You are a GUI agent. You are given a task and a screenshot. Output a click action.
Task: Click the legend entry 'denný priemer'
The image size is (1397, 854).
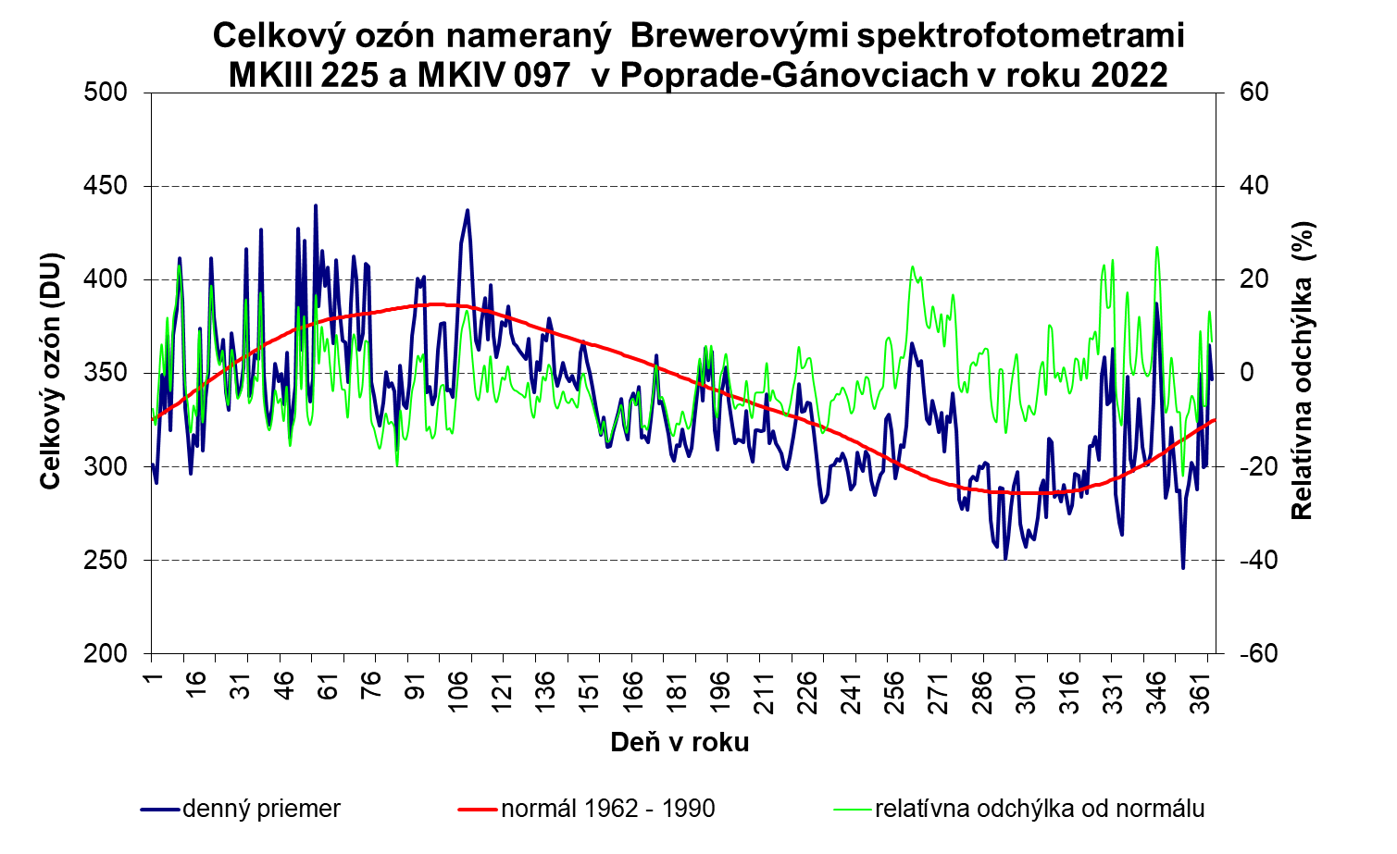coord(261,809)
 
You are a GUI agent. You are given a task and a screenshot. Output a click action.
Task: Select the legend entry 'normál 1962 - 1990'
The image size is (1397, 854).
coord(607,809)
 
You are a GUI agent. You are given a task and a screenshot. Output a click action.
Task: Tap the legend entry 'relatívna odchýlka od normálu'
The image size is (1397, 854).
coord(1039,809)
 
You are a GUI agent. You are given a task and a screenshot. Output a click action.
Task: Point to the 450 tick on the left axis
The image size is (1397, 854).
coord(118,186)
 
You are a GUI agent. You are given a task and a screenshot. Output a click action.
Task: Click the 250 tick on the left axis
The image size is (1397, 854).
coord(118,560)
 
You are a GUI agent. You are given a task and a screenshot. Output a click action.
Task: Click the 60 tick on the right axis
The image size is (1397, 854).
coord(1239,93)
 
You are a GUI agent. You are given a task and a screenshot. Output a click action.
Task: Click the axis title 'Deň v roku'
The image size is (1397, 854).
coord(680,742)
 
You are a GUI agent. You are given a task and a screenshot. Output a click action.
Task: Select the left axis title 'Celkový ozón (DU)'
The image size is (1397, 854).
coord(51,370)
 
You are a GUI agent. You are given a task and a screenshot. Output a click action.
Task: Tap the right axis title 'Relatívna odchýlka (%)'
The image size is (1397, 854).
coord(1303,370)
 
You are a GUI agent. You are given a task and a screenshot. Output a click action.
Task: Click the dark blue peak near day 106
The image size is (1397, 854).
coord(468,210)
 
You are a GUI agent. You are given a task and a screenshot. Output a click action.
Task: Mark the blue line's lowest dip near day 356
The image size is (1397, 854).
coord(1182,567)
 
